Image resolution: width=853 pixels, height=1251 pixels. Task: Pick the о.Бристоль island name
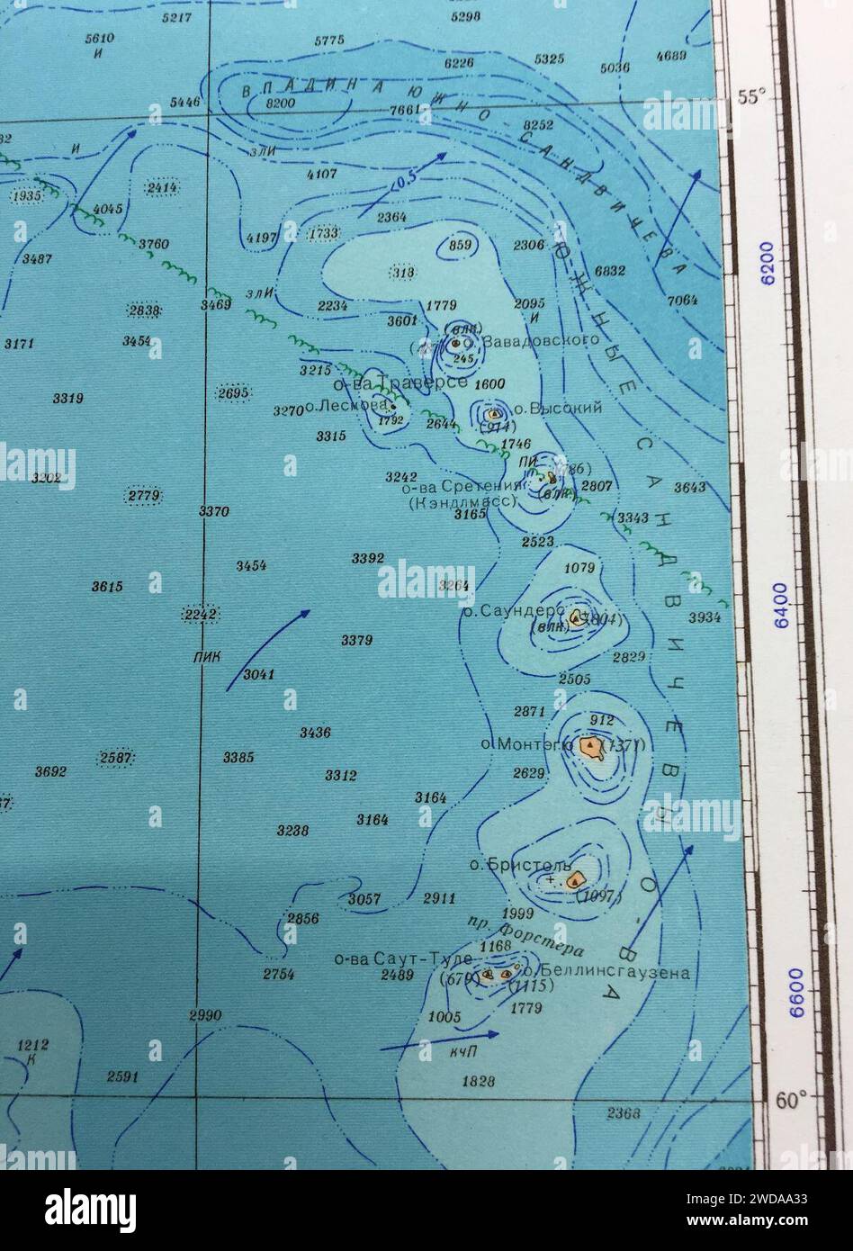507,865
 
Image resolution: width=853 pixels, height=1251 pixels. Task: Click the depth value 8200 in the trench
281,103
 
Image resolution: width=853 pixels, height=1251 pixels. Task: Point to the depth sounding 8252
538,124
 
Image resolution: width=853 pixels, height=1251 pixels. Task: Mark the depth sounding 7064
682,300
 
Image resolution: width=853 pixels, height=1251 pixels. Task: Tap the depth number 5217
176,17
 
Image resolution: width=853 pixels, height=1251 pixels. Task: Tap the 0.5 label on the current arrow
405,180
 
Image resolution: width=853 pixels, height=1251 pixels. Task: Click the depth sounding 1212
32,1045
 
